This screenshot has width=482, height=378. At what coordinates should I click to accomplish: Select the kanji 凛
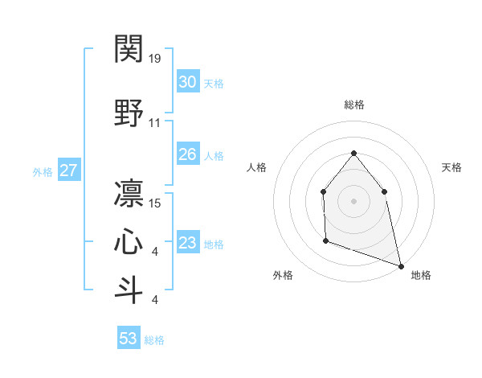coord(129,194)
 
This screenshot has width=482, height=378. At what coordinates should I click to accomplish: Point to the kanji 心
coord(129,242)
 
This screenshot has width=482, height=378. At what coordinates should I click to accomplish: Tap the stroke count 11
coord(155,123)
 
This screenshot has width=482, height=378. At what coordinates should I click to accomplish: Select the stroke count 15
coord(155,203)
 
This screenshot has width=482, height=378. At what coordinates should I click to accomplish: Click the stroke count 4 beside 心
coord(154,253)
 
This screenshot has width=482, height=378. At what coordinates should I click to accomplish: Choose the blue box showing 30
coord(187,82)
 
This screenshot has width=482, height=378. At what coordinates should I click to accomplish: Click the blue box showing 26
coord(187,154)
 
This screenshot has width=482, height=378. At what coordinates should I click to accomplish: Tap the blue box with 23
coord(187,243)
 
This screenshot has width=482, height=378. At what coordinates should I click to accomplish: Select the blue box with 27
coord(69,171)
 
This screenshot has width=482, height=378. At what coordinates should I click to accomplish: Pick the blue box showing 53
coord(129,339)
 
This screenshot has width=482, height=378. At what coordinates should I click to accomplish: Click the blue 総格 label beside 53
coord(154,340)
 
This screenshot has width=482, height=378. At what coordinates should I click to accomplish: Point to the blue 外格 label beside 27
coord(42,171)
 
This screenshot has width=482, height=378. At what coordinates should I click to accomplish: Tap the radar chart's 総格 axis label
coord(353,105)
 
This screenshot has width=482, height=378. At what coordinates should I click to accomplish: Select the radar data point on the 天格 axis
coord(385,191)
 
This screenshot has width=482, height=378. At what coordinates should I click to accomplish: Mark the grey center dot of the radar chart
coord(353,201)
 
